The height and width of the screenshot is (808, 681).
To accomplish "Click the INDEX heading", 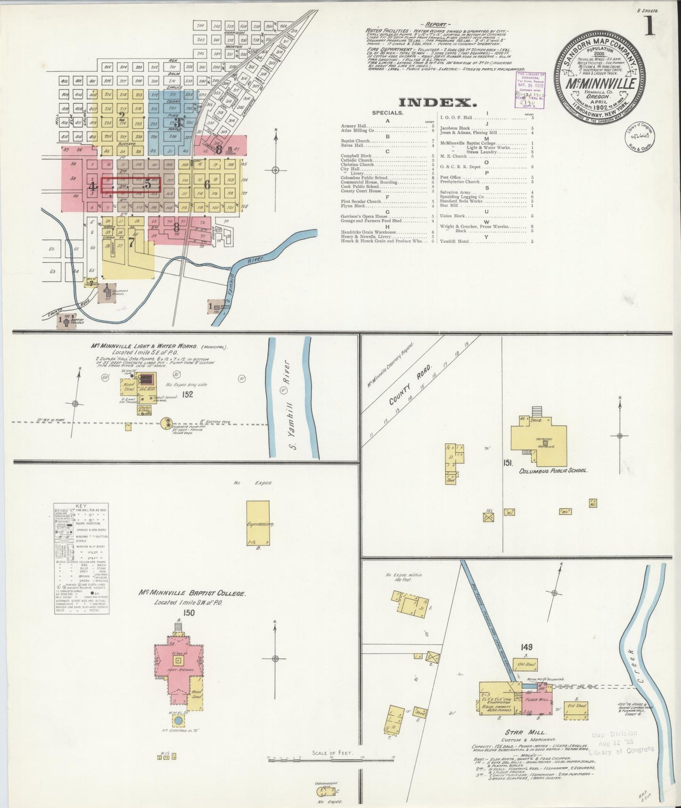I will [x=435, y=102].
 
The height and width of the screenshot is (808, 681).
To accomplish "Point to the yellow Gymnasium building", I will [x=258, y=523].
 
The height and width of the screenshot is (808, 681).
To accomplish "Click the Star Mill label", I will [x=532, y=746].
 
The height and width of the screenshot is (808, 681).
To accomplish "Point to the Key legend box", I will [x=82, y=558].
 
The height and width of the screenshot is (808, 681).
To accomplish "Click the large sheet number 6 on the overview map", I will [x=207, y=185].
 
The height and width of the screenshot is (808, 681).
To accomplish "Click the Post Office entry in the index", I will [x=451, y=177].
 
